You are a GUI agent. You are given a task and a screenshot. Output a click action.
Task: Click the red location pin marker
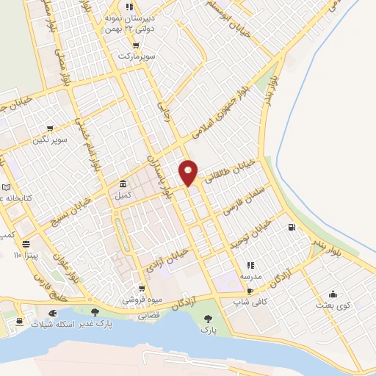[x=189, y=172]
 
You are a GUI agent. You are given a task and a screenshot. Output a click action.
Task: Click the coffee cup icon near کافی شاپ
[x=250, y=291]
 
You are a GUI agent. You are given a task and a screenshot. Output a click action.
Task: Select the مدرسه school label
[x=250, y=276]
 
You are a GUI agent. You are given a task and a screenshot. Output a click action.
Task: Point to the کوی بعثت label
[x=333, y=304]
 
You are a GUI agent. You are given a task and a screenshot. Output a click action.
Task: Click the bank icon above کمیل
[x=122, y=184]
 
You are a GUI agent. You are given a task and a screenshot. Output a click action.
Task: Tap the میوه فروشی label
[x=141, y=300]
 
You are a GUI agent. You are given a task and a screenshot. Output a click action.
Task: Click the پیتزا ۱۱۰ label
[x=28, y=255]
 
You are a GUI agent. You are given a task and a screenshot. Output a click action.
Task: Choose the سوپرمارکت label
[x=139, y=57]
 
